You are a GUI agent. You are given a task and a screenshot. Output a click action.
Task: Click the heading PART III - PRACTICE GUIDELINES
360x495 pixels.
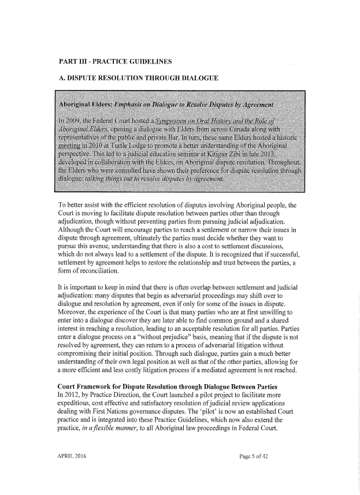115,61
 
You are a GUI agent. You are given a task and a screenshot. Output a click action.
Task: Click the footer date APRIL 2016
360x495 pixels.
72,472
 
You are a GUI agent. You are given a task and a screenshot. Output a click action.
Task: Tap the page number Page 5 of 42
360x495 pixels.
257,472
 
